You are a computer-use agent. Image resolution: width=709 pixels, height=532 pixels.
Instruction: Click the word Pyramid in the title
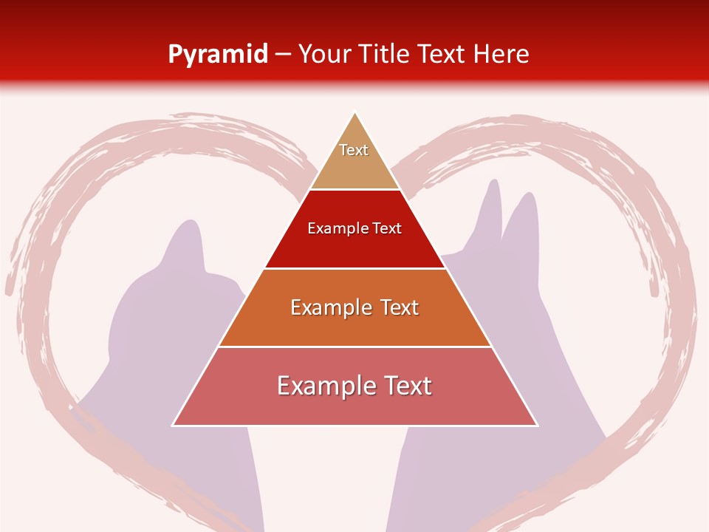click(218, 54)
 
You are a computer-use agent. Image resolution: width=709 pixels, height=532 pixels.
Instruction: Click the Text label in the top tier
click(354, 150)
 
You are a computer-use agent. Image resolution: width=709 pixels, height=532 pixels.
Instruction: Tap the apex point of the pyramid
click(355, 112)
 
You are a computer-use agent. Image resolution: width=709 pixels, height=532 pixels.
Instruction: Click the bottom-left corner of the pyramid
click(173, 426)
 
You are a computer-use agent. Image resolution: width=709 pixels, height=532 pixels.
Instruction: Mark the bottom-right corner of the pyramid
click(537, 426)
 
